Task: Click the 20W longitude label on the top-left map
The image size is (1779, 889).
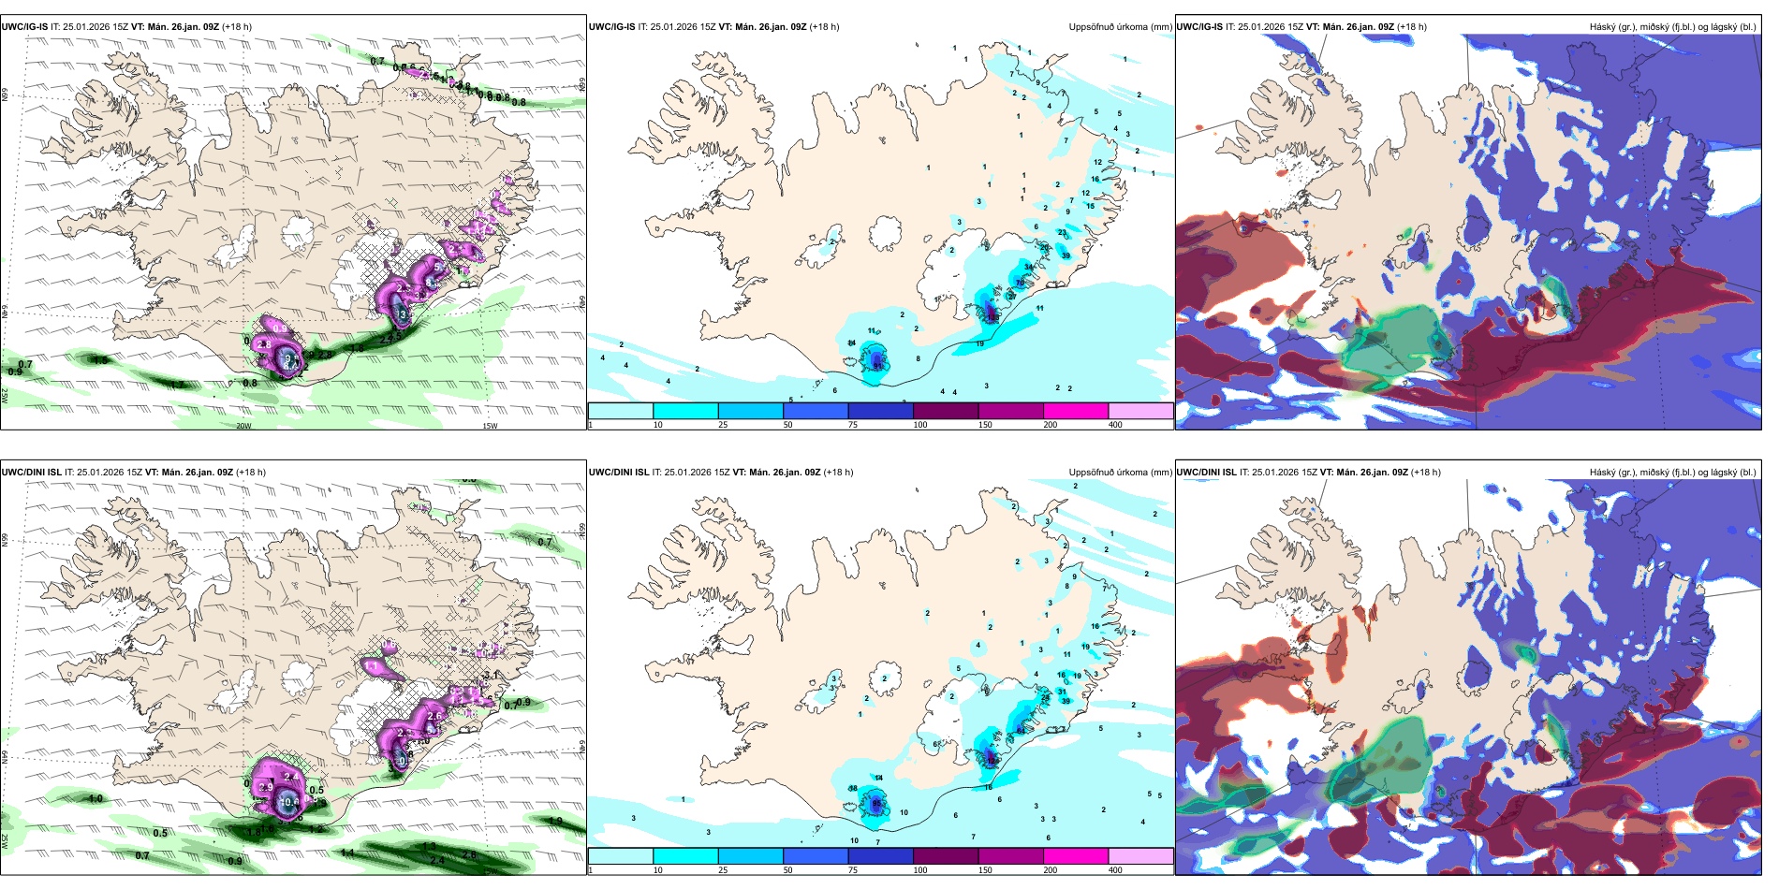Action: pos(243,426)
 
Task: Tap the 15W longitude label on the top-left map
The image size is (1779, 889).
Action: pos(490,426)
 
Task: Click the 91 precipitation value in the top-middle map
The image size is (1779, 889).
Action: pos(877,366)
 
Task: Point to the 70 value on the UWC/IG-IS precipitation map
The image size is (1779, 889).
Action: pos(1020,283)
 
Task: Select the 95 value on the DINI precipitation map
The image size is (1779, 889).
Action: pos(876,804)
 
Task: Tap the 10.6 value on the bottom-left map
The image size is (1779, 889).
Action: pos(288,802)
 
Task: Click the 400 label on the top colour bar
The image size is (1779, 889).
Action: pos(1115,425)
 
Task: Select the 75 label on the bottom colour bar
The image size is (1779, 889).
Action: pos(853,870)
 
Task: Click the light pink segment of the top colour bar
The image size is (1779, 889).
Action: pos(1140,411)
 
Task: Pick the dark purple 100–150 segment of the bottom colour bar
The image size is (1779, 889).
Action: pos(946,856)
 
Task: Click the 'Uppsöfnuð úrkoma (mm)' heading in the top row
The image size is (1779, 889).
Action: pos(1120,27)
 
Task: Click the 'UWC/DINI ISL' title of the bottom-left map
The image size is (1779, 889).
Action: pos(31,473)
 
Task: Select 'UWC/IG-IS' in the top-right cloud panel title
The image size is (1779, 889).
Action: pos(1199,27)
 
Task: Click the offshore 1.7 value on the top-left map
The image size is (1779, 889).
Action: pos(176,385)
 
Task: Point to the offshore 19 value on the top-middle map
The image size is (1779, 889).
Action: pos(980,344)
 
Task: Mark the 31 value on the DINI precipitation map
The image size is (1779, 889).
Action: pos(1063,692)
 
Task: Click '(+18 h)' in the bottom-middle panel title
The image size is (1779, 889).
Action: pos(838,473)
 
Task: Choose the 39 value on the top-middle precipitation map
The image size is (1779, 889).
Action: pos(1066,255)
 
